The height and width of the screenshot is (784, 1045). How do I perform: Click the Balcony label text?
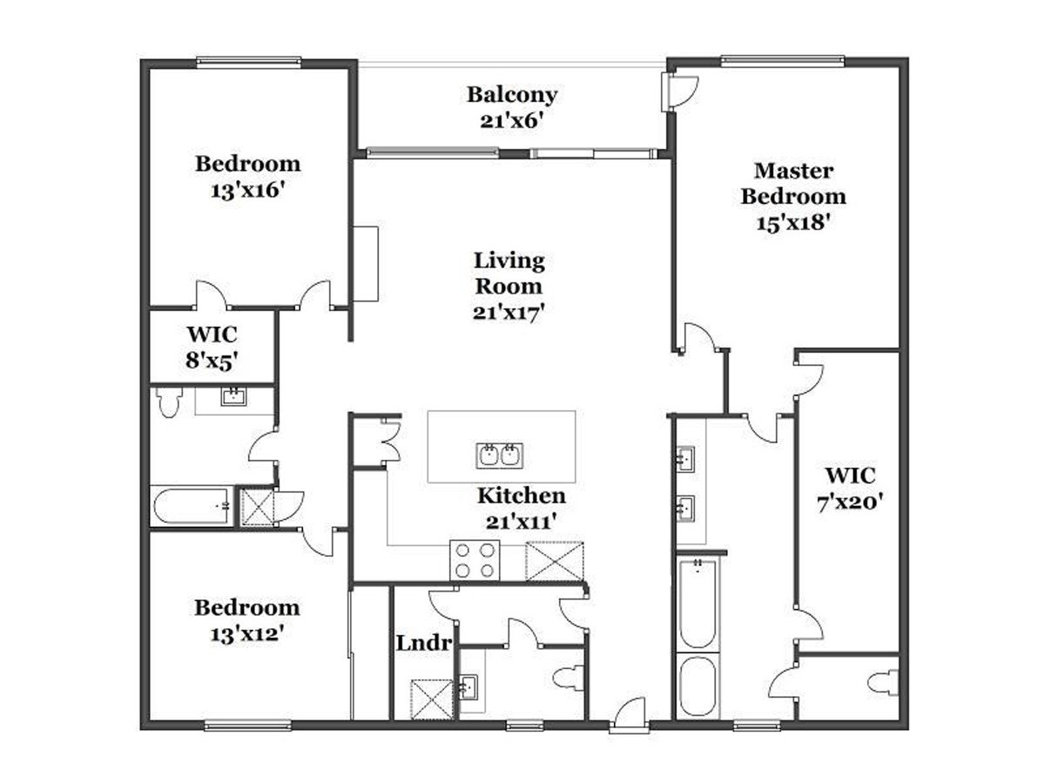pyautogui.click(x=512, y=95)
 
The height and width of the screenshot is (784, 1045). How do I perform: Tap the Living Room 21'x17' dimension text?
pyautogui.click(x=509, y=314)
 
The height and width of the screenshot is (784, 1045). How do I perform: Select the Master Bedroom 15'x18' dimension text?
pyautogui.click(x=793, y=223)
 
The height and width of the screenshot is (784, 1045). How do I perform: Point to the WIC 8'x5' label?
pyautogui.click(x=212, y=348)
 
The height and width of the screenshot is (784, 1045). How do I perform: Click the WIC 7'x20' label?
pyautogui.click(x=850, y=489)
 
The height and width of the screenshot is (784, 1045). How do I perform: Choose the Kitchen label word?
pyautogui.click(x=522, y=496)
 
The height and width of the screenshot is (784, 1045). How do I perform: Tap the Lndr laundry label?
pyautogui.click(x=424, y=644)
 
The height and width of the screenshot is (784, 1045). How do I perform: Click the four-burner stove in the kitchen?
pyautogui.click(x=475, y=560)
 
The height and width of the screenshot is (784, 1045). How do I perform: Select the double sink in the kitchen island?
pyautogui.click(x=499, y=455)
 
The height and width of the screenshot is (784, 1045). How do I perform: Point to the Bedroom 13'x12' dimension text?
pyautogui.click(x=247, y=634)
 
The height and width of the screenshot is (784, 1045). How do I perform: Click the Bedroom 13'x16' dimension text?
pyautogui.click(x=247, y=191)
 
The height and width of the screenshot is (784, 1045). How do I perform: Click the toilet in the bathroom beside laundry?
pyautogui.click(x=569, y=679)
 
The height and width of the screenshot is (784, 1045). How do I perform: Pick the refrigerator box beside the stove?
pyautogui.click(x=555, y=561)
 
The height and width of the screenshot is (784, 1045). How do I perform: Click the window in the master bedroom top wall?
pyautogui.click(x=783, y=60)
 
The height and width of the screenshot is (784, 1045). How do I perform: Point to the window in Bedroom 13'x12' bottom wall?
pyautogui.click(x=248, y=726)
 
